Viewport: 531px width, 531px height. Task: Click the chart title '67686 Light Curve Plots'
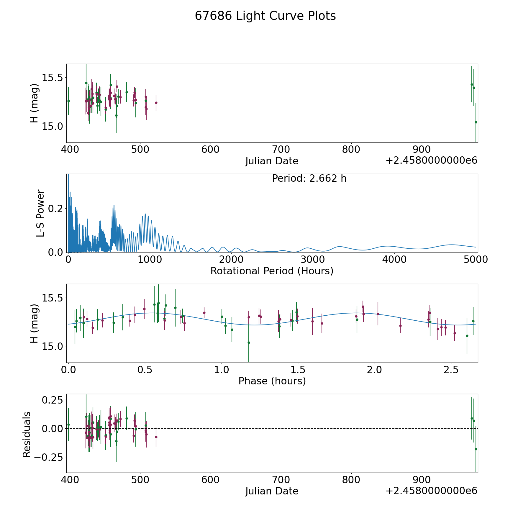pos(265,16)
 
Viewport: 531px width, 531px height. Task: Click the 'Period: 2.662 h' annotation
pos(309,178)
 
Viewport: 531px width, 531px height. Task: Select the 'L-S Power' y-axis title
pos(40,213)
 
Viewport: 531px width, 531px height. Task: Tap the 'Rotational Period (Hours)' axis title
pos(272,271)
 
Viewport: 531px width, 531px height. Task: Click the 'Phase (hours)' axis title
pos(272,381)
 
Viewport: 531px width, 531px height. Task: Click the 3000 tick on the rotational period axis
pos(313,259)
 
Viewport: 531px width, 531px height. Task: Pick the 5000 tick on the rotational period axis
pos(476,259)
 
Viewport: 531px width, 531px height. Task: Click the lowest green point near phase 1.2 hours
pos(249,342)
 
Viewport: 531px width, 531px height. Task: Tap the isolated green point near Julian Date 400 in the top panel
pos(68,101)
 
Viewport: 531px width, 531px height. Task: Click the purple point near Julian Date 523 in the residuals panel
pos(156,437)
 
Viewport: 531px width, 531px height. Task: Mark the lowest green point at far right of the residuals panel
pos(476,449)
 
